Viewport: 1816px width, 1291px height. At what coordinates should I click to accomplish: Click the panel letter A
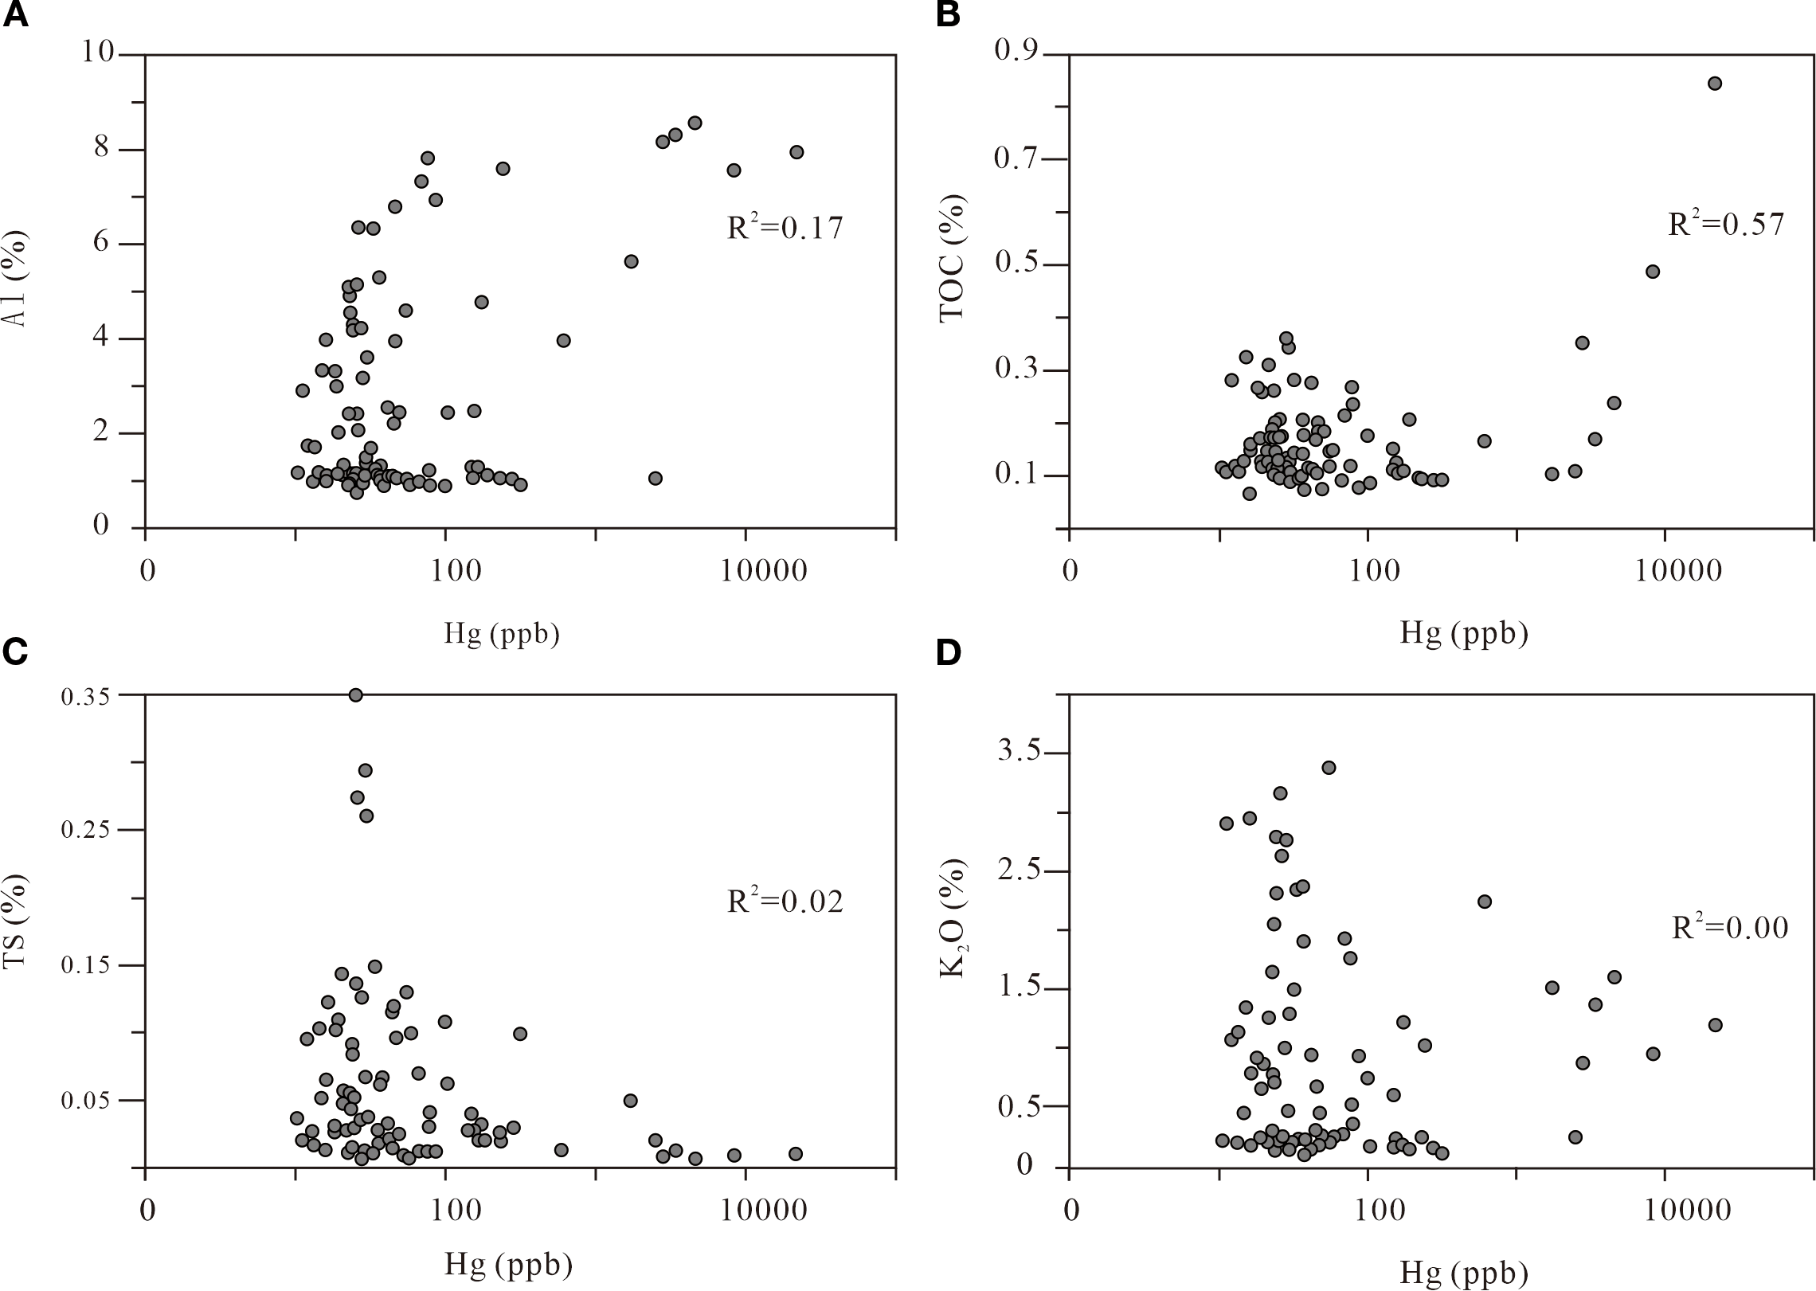[15, 16]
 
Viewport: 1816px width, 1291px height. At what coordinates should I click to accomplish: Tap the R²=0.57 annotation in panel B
[1726, 225]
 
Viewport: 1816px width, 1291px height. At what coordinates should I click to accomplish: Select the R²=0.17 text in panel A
[785, 229]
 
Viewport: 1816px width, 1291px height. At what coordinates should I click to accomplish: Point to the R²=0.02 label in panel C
[785, 902]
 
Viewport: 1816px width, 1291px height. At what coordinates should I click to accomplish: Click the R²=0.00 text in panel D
[1729, 928]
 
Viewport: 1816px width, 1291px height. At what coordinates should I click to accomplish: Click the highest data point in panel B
[1715, 84]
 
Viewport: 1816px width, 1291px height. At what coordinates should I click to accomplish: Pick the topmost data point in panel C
[355, 695]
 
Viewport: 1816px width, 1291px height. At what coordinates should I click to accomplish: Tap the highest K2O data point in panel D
[1328, 768]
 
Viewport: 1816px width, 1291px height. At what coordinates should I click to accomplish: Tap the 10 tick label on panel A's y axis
[98, 53]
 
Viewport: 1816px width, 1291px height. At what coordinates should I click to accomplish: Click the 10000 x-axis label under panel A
[764, 571]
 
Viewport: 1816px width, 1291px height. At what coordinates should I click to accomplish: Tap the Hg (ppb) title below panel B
[1464, 633]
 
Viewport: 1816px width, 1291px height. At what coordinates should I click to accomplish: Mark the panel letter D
[947, 652]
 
